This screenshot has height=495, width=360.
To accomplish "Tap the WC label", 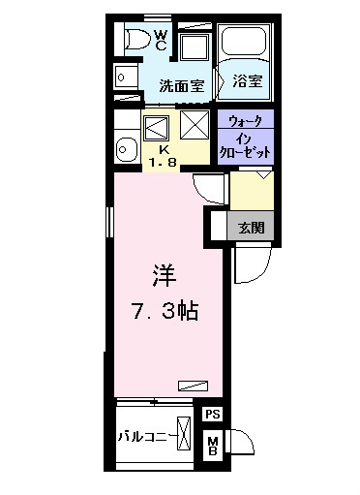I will (162, 40).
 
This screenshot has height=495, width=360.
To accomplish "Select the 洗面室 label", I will (182, 85).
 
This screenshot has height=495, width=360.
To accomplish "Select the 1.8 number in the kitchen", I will (164, 163).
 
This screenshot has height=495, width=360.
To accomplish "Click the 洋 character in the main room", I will (163, 275).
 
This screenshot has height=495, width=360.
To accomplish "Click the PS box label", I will (213, 414).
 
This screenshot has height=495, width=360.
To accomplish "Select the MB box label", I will (213, 447).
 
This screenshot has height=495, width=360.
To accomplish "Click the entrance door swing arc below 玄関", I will (250, 263).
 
